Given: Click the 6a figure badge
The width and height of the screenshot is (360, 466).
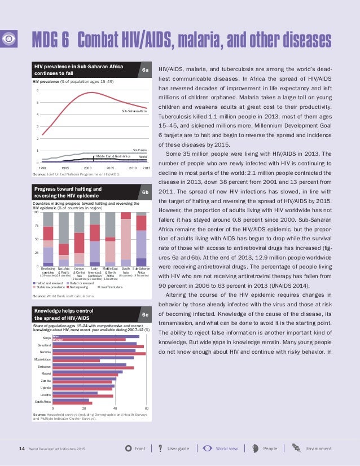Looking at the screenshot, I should [145, 71].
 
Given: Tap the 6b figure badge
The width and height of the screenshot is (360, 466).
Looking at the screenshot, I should [145, 193].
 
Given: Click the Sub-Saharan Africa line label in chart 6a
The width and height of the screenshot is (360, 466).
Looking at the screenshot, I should [134, 112].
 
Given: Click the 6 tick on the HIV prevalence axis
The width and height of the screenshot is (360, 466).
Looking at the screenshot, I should [37, 90].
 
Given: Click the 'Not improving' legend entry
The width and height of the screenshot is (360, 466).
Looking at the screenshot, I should [77, 287].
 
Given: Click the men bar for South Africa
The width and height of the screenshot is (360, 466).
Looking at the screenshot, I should [71, 399].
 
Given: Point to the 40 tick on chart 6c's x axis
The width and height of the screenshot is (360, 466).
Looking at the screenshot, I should [115, 408].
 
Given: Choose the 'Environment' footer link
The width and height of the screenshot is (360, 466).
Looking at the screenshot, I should [318, 449].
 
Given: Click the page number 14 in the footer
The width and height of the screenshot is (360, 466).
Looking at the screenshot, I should [22, 449].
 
